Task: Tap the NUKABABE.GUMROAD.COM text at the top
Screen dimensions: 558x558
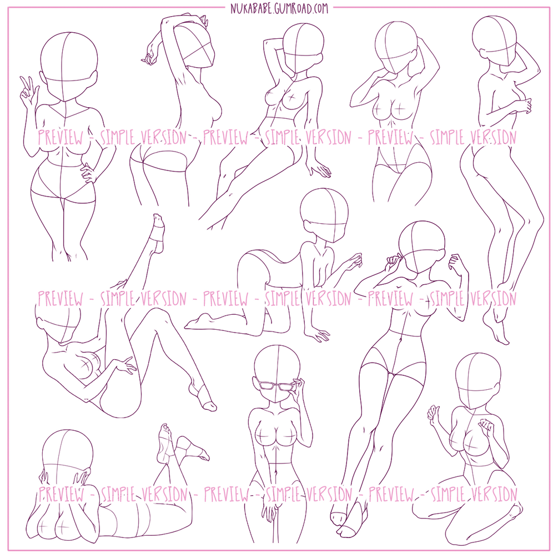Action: click(279, 8)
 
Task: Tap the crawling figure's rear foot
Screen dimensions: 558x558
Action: click(201, 322)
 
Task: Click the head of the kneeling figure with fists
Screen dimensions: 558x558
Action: click(478, 381)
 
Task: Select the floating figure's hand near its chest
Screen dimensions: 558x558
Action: click(523, 105)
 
